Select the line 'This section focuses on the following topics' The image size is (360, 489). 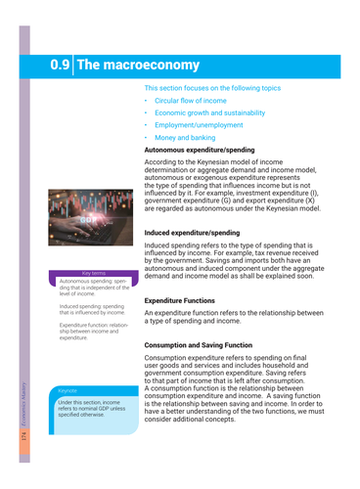(226, 88)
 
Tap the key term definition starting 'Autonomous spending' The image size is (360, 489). (94, 288)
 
